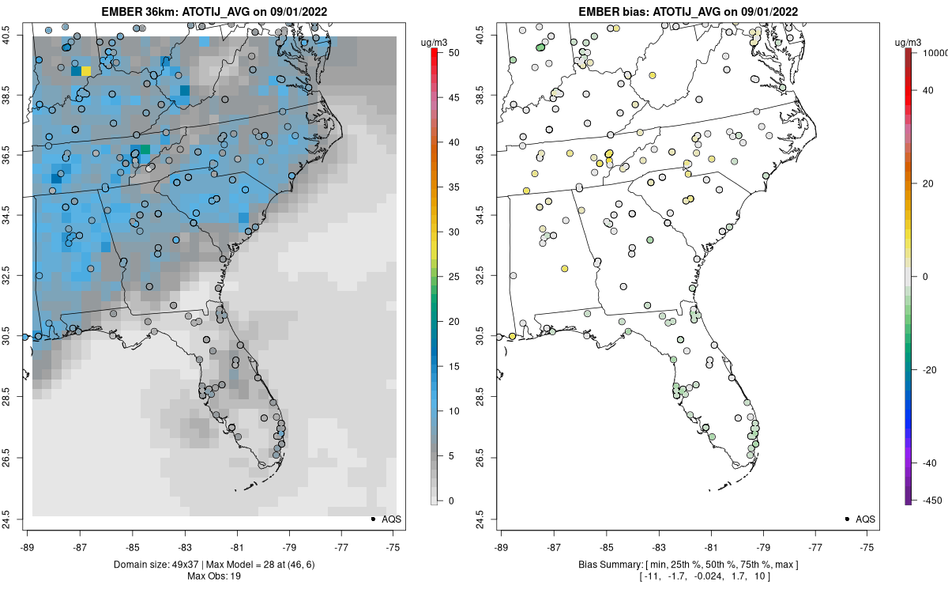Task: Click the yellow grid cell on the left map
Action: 85,71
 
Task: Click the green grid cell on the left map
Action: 145,149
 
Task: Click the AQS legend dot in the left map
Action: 372,519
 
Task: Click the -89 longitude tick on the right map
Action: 502,546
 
